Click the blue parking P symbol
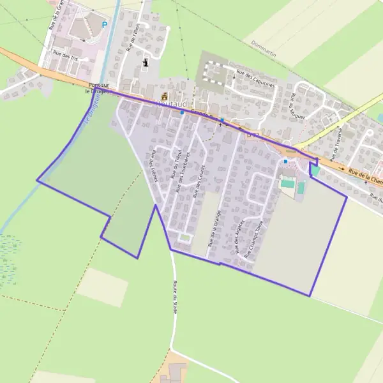[105, 25]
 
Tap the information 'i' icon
[146, 63]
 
